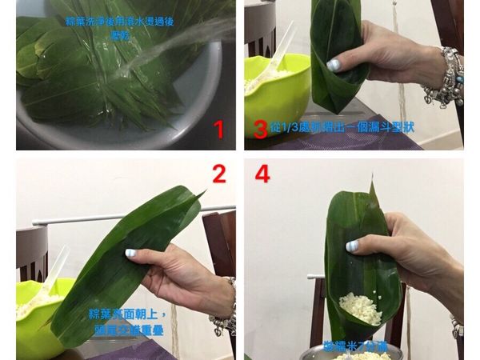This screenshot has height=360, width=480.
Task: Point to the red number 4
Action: pos(262,174)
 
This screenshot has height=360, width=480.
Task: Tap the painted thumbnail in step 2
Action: pos(130,253)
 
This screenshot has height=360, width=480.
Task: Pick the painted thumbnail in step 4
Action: pos(353,246)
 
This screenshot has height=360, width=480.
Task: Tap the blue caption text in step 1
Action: pos(120,29)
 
